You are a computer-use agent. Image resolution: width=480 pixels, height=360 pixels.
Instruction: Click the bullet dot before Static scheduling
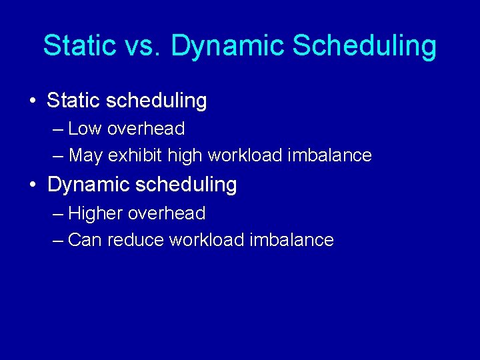(33, 101)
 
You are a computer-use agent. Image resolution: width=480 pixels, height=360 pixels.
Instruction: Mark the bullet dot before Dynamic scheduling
(33, 185)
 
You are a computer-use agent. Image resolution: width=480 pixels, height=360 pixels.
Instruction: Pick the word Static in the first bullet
(73, 101)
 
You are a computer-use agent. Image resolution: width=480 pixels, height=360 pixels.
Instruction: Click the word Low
(84, 128)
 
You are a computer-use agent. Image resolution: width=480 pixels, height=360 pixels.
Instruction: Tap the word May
(86, 156)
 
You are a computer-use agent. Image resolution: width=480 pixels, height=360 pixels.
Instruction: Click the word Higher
(96, 213)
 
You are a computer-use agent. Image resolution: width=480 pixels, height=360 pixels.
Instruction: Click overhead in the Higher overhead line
(166, 213)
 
